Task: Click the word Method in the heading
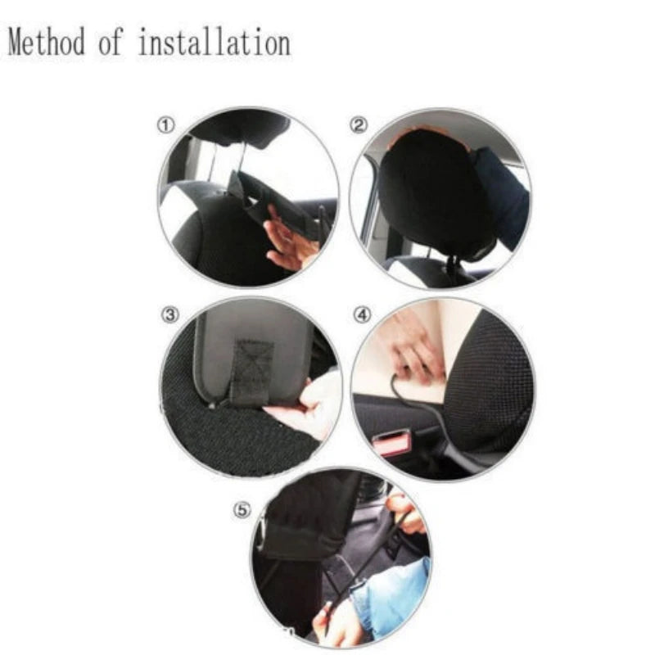(x=45, y=43)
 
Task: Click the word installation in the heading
(x=214, y=43)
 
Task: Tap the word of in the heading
(x=111, y=43)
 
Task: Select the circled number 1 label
(x=165, y=125)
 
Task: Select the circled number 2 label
(x=359, y=125)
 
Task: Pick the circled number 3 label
(x=169, y=314)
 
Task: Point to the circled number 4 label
(x=360, y=314)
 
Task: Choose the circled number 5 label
(x=241, y=509)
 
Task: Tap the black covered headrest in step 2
(x=434, y=196)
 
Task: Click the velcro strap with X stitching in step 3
(x=252, y=368)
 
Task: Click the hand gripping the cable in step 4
(x=413, y=352)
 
